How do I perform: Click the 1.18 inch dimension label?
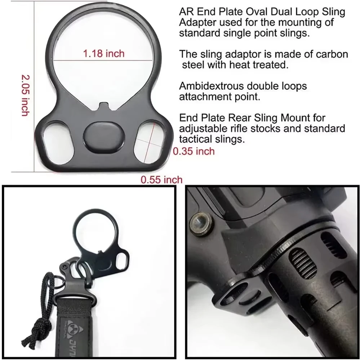[104, 54]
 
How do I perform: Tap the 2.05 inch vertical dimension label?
[25, 95]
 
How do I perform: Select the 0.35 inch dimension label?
[194, 151]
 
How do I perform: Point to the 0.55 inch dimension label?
[161, 179]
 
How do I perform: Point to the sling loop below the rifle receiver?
[238, 299]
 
